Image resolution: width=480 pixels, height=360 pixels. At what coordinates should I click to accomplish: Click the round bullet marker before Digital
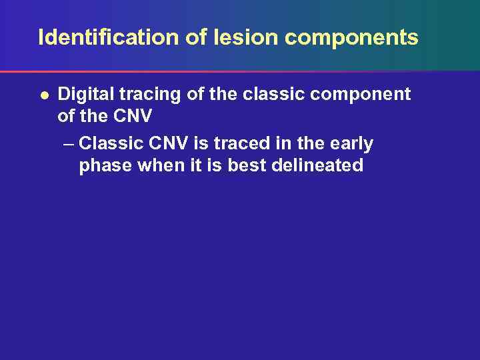(x=43, y=95)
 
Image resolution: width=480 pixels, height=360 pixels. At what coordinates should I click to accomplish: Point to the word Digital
(x=83, y=95)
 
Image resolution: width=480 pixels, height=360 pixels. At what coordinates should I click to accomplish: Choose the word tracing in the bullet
(x=149, y=95)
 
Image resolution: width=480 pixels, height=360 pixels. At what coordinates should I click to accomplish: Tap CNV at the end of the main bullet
(x=132, y=117)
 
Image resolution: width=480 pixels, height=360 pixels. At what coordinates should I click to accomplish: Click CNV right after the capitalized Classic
(x=161, y=143)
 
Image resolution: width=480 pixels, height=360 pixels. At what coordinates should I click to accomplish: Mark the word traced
(x=232, y=143)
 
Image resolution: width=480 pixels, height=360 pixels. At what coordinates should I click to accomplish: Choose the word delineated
(x=318, y=165)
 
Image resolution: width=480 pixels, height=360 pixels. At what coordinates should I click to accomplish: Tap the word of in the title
(x=196, y=37)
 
